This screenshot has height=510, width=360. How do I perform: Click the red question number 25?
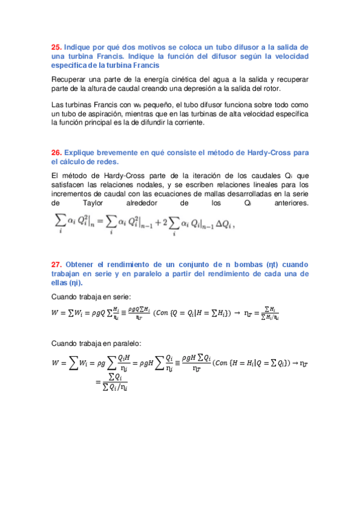point(56,47)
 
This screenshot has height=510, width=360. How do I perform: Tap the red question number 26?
point(56,153)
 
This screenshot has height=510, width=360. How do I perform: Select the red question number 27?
point(56,264)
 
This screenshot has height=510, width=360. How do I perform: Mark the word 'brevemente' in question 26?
point(118,153)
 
